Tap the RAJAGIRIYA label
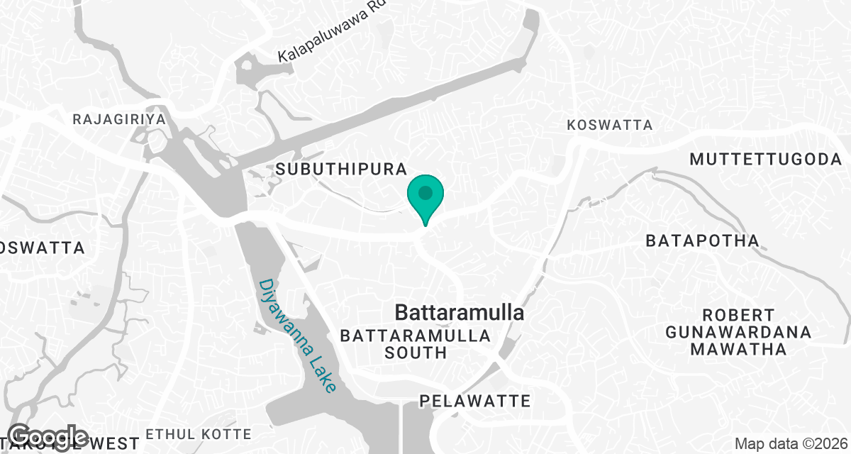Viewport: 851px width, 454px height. (119, 119)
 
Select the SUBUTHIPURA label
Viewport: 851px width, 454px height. (341, 169)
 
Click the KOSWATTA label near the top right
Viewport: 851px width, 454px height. (610, 125)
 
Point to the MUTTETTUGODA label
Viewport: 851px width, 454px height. (766, 159)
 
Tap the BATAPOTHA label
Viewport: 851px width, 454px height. (702, 240)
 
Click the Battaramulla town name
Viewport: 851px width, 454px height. (459, 313)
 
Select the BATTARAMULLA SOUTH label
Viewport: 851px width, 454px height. (416, 343)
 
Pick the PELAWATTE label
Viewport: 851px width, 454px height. (474, 402)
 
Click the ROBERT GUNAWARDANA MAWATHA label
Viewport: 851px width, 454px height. (738, 332)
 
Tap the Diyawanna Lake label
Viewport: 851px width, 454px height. (297, 336)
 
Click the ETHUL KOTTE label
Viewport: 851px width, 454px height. (199, 434)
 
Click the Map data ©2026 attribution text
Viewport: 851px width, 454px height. (791, 444)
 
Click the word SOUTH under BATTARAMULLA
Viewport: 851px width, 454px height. (416, 352)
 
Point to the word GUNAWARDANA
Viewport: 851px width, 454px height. (738, 332)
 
